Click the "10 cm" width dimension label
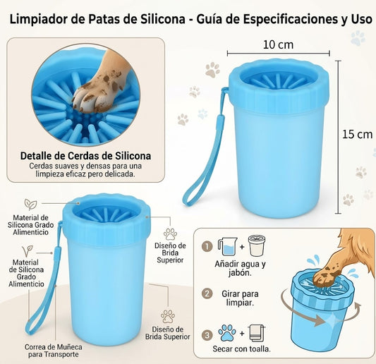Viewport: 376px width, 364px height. tap(278, 45)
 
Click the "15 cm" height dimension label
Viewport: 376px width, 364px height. tap(357, 134)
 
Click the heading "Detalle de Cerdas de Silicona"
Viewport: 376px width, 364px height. tap(85, 156)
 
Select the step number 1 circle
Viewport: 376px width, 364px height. tap(207, 246)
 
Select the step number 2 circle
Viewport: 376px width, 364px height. tap(207, 293)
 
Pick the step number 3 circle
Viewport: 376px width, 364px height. tap(207, 335)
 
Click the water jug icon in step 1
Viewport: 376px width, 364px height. tap(227, 246)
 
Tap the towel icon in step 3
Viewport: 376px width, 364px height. tap(257, 333)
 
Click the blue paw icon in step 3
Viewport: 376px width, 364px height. tap(227, 333)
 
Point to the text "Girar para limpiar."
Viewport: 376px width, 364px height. tap(240, 298)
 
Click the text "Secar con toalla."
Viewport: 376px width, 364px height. tap(241, 349)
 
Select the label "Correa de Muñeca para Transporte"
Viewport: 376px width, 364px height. tap(53, 351)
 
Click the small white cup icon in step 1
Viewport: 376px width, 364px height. tap(257, 245)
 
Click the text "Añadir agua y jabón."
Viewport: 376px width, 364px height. tap(240, 269)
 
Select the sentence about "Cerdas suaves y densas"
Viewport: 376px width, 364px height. tap(85, 170)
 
